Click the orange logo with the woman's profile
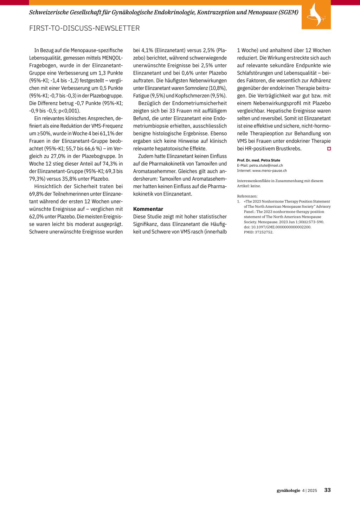click(316, 15)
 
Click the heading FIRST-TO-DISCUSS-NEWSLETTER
click(84, 28)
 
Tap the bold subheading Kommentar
click(148, 209)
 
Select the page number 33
click(327, 490)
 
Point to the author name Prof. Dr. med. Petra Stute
click(258, 160)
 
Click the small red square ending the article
click(329, 149)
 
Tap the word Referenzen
click(247, 196)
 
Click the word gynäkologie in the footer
click(288, 490)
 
